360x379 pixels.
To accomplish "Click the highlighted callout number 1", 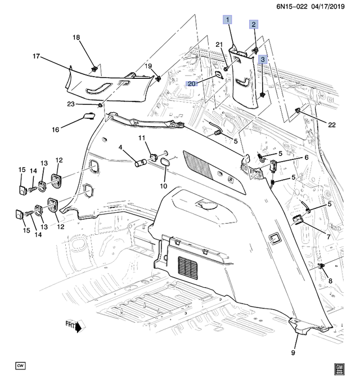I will [x=228, y=20].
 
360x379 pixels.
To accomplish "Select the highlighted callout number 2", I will [x=254, y=24].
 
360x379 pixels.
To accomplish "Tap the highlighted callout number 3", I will [x=263, y=59].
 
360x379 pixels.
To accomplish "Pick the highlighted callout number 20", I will [x=192, y=83].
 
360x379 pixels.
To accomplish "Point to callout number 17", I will [x=36, y=56].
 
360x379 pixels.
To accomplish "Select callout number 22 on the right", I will [x=331, y=124].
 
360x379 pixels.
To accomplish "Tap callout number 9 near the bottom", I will [x=294, y=353].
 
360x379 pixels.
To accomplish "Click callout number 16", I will [x=56, y=130].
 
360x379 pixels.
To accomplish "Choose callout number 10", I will [x=164, y=186].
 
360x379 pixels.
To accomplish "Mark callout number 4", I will [x=120, y=148].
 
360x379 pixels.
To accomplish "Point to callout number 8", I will [x=330, y=280].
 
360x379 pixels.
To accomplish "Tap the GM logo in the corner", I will [x=339, y=368].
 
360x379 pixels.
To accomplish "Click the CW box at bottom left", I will [x=21, y=366].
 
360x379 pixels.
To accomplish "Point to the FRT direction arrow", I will [x=73, y=326].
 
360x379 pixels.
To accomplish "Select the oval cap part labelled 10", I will [x=165, y=163].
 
